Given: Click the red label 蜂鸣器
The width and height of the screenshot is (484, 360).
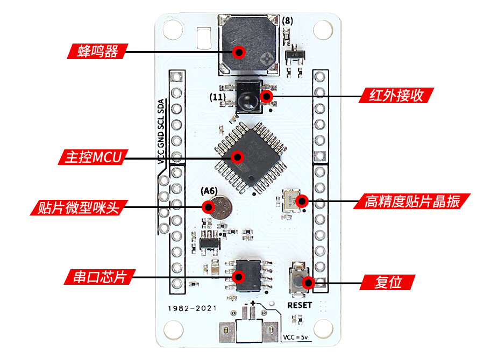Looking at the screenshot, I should (97, 52).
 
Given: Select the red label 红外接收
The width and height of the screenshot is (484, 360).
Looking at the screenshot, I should (396, 96).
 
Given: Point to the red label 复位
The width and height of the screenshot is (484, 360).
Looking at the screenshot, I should (388, 282).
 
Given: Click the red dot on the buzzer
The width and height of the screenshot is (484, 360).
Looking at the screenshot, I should (239, 52).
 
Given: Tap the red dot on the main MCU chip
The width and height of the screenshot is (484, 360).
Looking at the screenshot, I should (237, 157).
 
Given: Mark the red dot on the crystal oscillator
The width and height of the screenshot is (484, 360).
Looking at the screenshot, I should (302, 202).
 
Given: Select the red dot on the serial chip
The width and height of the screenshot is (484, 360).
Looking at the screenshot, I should (239, 277).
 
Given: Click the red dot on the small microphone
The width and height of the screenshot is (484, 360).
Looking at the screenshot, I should (208, 207).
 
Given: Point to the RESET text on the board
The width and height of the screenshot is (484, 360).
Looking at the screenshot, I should (300, 305).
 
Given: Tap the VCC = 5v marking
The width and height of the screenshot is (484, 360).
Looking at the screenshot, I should (295, 338).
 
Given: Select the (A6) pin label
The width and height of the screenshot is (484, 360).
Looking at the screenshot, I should (209, 191).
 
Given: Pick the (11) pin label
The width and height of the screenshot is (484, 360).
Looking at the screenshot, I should (218, 97).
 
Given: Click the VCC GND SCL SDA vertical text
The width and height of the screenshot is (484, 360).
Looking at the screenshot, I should (160, 131).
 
